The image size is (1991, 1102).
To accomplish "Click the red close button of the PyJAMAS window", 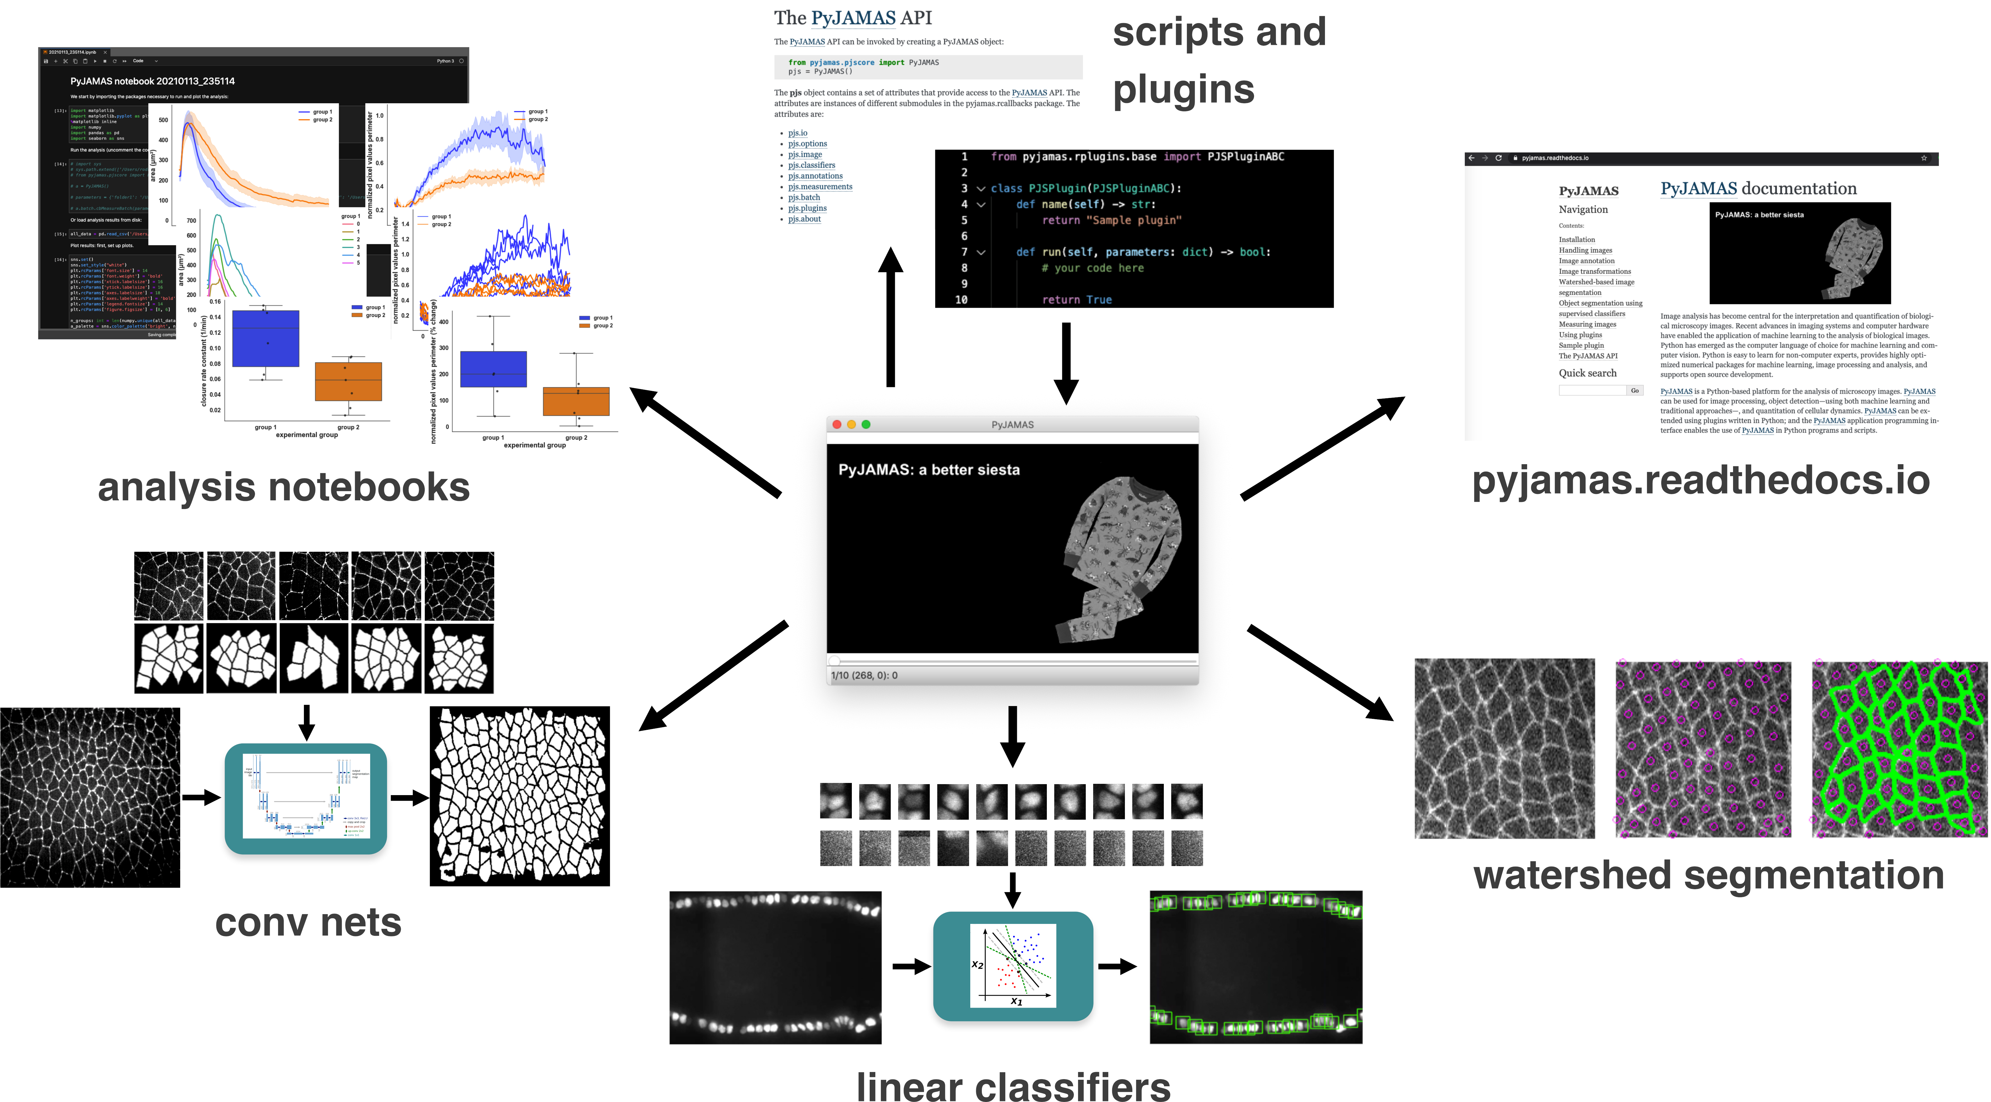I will tap(836, 424).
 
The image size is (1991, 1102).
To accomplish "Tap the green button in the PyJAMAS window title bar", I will tap(866, 424).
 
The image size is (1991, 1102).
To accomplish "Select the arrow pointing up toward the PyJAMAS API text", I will tap(890, 317).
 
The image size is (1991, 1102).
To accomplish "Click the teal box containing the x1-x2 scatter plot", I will tap(1012, 966).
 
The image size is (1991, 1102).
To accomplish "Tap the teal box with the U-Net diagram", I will tap(306, 798).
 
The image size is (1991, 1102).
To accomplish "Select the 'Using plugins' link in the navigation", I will tap(1580, 334).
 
